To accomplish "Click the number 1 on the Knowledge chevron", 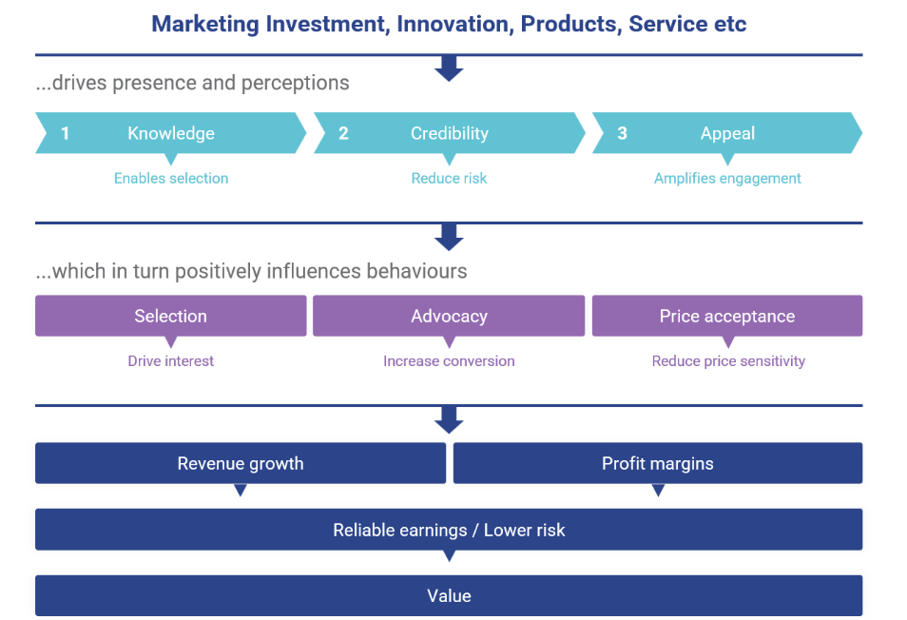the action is point(66,133).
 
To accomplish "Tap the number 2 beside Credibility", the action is point(343,133).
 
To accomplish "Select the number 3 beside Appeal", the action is point(623,133).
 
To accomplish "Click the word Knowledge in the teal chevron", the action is point(171,133).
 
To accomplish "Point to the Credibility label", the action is point(450,133).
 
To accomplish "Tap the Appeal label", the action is point(727,133).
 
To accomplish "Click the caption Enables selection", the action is point(171,178).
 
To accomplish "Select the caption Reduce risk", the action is point(450,178).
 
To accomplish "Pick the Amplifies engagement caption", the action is point(727,179).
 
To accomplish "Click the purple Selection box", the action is point(170,316).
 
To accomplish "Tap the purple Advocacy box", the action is point(449,316).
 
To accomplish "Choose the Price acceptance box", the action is point(727,316).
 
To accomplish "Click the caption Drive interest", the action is point(170,361).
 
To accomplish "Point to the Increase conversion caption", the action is point(449,361).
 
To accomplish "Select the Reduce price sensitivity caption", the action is point(728,361).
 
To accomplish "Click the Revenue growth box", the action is point(241,463).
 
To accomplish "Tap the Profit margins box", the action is point(658,463).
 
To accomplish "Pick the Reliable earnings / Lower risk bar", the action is point(449,530).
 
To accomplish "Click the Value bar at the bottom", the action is point(449,595).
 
